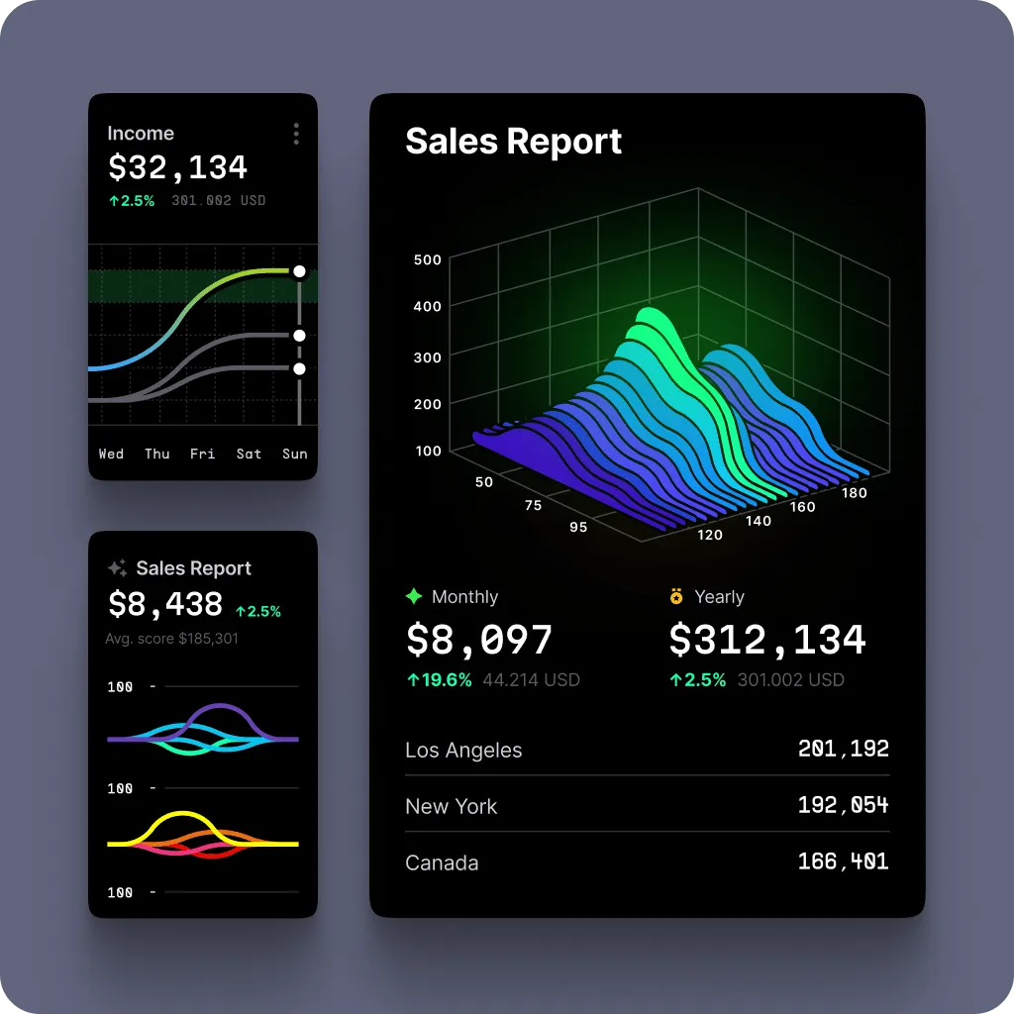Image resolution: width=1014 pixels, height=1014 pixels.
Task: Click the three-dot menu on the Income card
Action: [296, 134]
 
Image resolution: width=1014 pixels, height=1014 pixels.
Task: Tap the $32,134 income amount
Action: [177, 167]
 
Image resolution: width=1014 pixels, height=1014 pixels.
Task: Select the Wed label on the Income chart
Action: [111, 454]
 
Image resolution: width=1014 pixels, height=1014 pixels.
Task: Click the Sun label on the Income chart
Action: [295, 454]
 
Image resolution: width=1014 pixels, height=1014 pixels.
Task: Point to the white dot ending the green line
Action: [299, 271]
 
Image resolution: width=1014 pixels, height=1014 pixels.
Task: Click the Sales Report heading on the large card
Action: [513, 141]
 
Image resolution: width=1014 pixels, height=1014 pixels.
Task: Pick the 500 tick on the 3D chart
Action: [428, 259]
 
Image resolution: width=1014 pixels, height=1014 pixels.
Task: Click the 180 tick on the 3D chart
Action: [854, 492]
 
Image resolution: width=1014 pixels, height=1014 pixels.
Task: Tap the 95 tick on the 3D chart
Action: [578, 527]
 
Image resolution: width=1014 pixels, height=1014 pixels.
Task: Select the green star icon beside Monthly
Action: [414, 596]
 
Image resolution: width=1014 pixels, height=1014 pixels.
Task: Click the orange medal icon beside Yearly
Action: [676, 596]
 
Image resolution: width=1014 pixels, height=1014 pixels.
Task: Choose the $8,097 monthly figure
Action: [479, 640]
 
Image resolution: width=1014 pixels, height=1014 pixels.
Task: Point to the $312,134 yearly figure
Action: [767, 640]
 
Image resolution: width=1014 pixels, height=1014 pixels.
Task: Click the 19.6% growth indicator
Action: [439, 680]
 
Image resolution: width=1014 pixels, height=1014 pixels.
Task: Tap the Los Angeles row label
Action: [463, 751]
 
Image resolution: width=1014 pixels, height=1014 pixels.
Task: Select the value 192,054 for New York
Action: [843, 805]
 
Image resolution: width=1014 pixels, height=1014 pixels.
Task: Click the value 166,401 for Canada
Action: [843, 862]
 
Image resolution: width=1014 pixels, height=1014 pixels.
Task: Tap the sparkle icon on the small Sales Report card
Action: [117, 568]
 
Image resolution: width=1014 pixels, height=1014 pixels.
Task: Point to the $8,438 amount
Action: [164, 604]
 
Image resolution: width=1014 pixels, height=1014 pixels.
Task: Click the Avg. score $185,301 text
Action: [171, 639]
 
